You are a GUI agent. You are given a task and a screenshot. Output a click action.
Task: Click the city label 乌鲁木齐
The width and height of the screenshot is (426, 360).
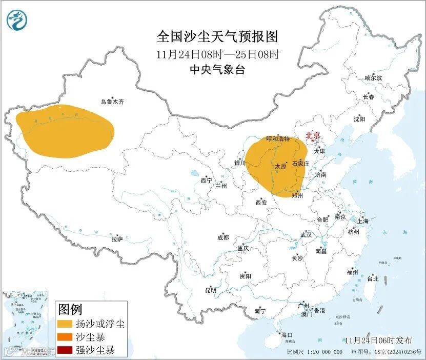(112, 102)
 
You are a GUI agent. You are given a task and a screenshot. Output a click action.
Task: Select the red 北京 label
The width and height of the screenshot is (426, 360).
(313, 136)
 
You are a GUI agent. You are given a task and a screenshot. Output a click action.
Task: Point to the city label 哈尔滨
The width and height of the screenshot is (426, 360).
(373, 78)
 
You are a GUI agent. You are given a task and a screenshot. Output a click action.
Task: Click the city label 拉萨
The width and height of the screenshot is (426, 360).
(117, 238)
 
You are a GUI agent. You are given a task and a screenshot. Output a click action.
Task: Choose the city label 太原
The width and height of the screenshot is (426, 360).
(280, 166)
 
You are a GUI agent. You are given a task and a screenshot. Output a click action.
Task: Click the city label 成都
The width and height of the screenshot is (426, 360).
(223, 237)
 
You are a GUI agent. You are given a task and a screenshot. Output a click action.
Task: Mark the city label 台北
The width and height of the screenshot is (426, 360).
(372, 279)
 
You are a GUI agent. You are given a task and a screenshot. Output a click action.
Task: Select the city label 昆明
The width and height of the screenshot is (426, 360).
(211, 290)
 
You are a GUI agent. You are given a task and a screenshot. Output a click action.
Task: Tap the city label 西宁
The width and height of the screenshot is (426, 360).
(206, 181)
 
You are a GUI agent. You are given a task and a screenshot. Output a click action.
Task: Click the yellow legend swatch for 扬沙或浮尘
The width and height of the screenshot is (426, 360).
(65, 324)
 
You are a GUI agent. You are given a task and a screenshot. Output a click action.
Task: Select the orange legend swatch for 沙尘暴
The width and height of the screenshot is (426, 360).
(65, 337)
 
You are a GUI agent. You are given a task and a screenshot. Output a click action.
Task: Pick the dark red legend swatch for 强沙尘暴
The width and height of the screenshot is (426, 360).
(65, 351)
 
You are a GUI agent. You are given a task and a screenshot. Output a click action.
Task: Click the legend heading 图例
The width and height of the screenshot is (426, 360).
(70, 309)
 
